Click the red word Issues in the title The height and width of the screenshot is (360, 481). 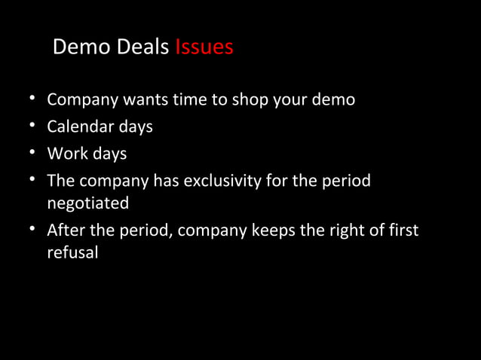click(x=204, y=47)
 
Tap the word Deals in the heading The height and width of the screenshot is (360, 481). click(x=142, y=47)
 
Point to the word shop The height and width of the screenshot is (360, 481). click(x=233, y=99)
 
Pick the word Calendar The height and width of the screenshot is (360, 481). click(x=79, y=127)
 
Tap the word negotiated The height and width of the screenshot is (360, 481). click(x=87, y=203)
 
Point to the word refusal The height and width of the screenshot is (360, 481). click(x=72, y=253)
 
